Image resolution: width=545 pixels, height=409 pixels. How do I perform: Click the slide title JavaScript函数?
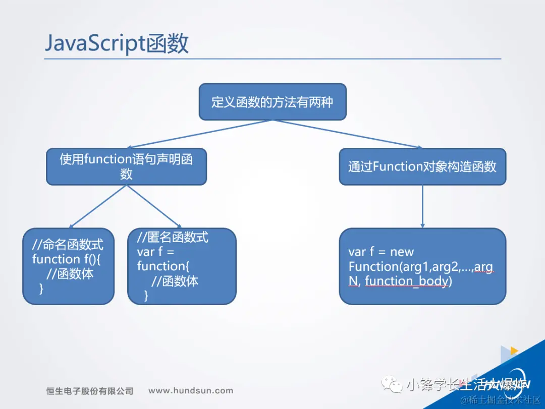(x=117, y=44)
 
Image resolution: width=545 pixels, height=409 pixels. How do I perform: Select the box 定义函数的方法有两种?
(x=272, y=102)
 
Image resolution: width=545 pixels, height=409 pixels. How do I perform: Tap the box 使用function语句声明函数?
(x=126, y=166)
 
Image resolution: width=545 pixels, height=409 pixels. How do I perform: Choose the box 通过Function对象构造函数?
(x=422, y=166)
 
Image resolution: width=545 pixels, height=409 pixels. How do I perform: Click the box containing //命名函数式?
(x=68, y=266)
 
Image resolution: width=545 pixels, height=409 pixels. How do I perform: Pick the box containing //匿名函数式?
(x=182, y=266)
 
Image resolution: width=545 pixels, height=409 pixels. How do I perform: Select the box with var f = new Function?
(x=422, y=266)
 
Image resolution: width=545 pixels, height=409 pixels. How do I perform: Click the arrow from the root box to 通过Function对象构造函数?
(x=348, y=134)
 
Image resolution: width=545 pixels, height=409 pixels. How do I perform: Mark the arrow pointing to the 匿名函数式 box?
(x=154, y=207)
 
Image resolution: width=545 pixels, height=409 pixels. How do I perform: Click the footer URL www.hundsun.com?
(x=191, y=390)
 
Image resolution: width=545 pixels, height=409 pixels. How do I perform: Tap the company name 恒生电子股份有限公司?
(x=90, y=391)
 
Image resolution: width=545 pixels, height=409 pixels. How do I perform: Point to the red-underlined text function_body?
(x=406, y=281)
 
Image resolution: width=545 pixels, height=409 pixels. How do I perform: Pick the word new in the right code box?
(x=402, y=252)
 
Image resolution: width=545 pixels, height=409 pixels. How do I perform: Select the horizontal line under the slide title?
(x=272, y=59)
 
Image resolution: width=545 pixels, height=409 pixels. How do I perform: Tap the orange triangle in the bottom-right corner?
(x=514, y=350)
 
